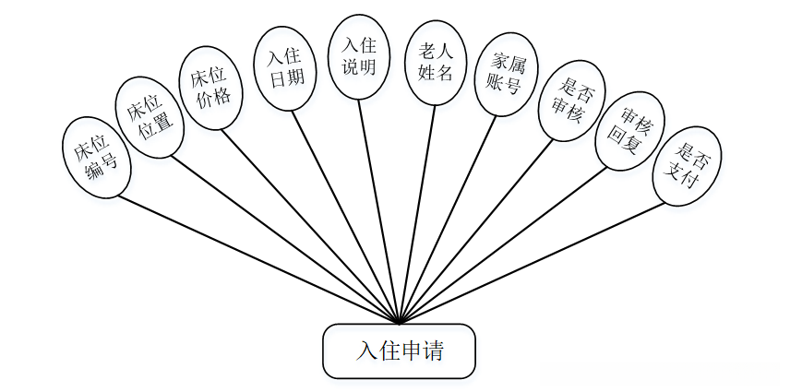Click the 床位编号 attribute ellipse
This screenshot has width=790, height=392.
click(95, 158)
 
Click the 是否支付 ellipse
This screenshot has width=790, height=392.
click(686, 166)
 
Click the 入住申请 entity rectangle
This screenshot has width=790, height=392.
click(399, 350)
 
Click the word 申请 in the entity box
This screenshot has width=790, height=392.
click(427, 351)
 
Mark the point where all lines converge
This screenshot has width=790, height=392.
click(399, 323)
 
